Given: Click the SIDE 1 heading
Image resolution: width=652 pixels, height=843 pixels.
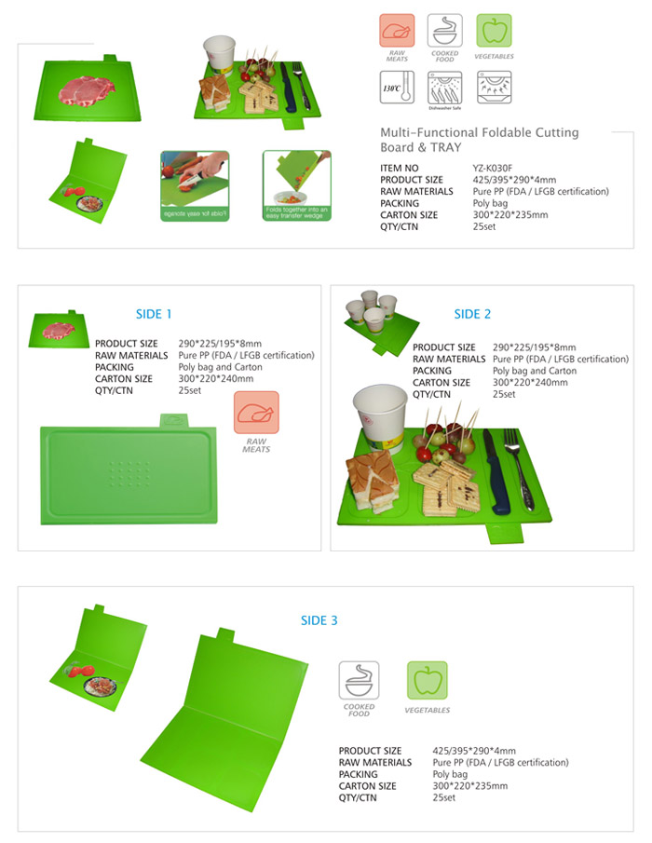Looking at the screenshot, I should click(x=154, y=314).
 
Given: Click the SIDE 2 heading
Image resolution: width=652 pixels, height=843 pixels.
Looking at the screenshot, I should click(x=472, y=314).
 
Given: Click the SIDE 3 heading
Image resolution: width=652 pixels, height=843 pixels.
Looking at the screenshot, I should click(x=319, y=620).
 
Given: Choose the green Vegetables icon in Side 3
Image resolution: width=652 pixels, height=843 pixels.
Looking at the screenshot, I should click(x=427, y=683).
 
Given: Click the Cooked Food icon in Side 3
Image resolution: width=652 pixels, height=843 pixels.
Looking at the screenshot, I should click(x=359, y=683).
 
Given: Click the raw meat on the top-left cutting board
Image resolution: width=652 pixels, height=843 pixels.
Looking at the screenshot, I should click(x=87, y=90).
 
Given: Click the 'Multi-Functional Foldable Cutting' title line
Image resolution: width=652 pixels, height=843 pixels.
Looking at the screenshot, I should click(x=479, y=132).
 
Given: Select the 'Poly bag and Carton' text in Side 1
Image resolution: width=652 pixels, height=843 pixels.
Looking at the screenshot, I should click(x=220, y=367).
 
